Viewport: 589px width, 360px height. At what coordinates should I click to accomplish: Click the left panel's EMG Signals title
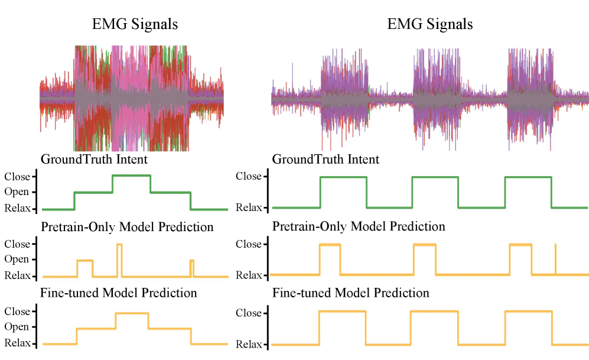[x=135, y=24]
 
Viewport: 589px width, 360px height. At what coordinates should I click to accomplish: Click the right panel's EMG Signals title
[x=429, y=24]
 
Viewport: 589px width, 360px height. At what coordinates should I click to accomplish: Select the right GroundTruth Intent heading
[x=326, y=159]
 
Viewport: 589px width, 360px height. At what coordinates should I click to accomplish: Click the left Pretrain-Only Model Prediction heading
[x=127, y=226]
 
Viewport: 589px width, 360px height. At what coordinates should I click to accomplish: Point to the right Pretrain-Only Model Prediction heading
[x=359, y=226]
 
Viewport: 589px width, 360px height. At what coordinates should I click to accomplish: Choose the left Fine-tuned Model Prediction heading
[x=118, y=293]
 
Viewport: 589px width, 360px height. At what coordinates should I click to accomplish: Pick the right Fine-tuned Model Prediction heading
[x=350, y=293]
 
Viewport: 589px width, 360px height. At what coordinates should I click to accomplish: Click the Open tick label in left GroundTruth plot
[x=16, y=192]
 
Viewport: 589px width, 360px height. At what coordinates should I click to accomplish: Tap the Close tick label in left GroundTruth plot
[x=16, y=176]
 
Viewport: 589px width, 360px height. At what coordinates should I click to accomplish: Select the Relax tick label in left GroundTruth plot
[x=16, y=208]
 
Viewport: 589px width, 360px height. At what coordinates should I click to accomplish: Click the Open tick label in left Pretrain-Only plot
[x=16, y=260]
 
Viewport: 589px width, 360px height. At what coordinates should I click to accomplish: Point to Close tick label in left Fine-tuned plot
[x=16, y=312]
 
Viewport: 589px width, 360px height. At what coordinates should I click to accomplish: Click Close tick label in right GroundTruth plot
[x=248, y=176]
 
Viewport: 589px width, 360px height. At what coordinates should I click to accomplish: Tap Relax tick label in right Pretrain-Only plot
[x=248, y=275]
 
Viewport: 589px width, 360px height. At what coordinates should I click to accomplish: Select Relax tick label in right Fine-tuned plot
[x=248, y=343]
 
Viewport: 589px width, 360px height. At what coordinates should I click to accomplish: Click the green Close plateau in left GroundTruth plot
[x=131, y=176]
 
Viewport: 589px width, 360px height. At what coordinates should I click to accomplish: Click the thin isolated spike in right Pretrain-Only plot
[x=555, y=259]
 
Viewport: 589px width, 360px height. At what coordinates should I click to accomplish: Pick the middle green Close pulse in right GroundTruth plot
[x=435, y=177]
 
